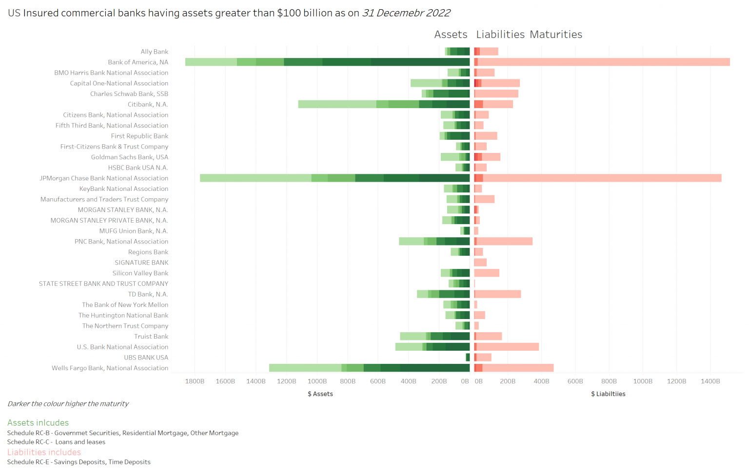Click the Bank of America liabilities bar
click(602, 62)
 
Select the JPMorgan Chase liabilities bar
click(598, 178)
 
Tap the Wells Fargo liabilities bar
click(514, 368)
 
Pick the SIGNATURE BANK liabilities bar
click(480, 263)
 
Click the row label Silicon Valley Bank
click(140, 273)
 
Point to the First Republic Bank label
click(139, 136)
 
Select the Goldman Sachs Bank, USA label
click(130, 157)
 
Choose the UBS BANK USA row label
click(146, 358)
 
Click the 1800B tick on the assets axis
click(195, 381)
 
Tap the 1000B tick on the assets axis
click(317, 381)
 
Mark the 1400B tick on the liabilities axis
click(710, 381)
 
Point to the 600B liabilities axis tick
click(575, 381)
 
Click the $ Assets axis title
click(320, 394)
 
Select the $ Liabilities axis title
click(608, 394)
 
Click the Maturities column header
click(556, 35)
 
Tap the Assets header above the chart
click(451, 35)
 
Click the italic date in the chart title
click(406, 13)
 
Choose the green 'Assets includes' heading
click(38, 423)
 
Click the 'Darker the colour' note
click(68, 404)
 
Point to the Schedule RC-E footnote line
click(79, 462)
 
